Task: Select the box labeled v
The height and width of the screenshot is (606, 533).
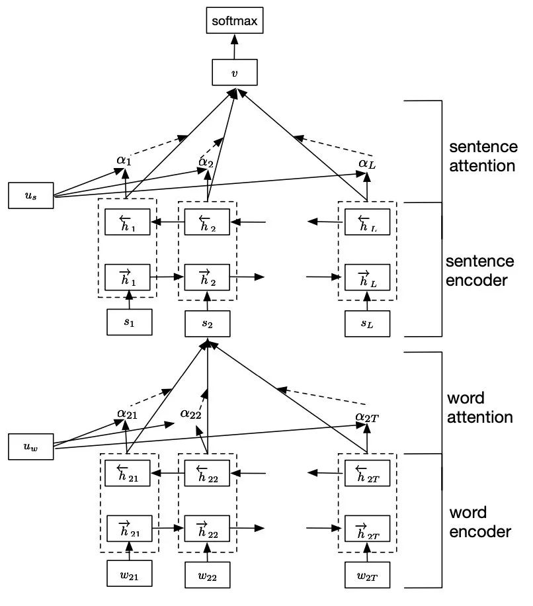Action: pos(234,72)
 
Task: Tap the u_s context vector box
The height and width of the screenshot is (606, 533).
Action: pos(30,196)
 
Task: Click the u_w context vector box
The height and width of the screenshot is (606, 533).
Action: pos(30,447)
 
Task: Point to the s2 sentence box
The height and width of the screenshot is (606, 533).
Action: pos(208,323)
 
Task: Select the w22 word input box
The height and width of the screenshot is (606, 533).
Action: pos(208,574)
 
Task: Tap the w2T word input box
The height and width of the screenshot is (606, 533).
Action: pos(367,574)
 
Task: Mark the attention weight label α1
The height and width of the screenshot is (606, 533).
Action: pos(124,159)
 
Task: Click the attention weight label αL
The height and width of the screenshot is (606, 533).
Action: pos(367,163)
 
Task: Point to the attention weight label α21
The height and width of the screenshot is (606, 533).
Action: pos(127,413)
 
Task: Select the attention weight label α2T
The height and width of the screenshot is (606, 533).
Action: pos(368,416)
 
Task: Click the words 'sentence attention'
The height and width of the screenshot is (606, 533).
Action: pos(482,155)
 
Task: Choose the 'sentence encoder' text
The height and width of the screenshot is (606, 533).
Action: pos(480,270)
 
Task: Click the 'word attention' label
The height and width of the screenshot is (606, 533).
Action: pos(480,408)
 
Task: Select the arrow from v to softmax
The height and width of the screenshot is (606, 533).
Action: pos(233,46)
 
